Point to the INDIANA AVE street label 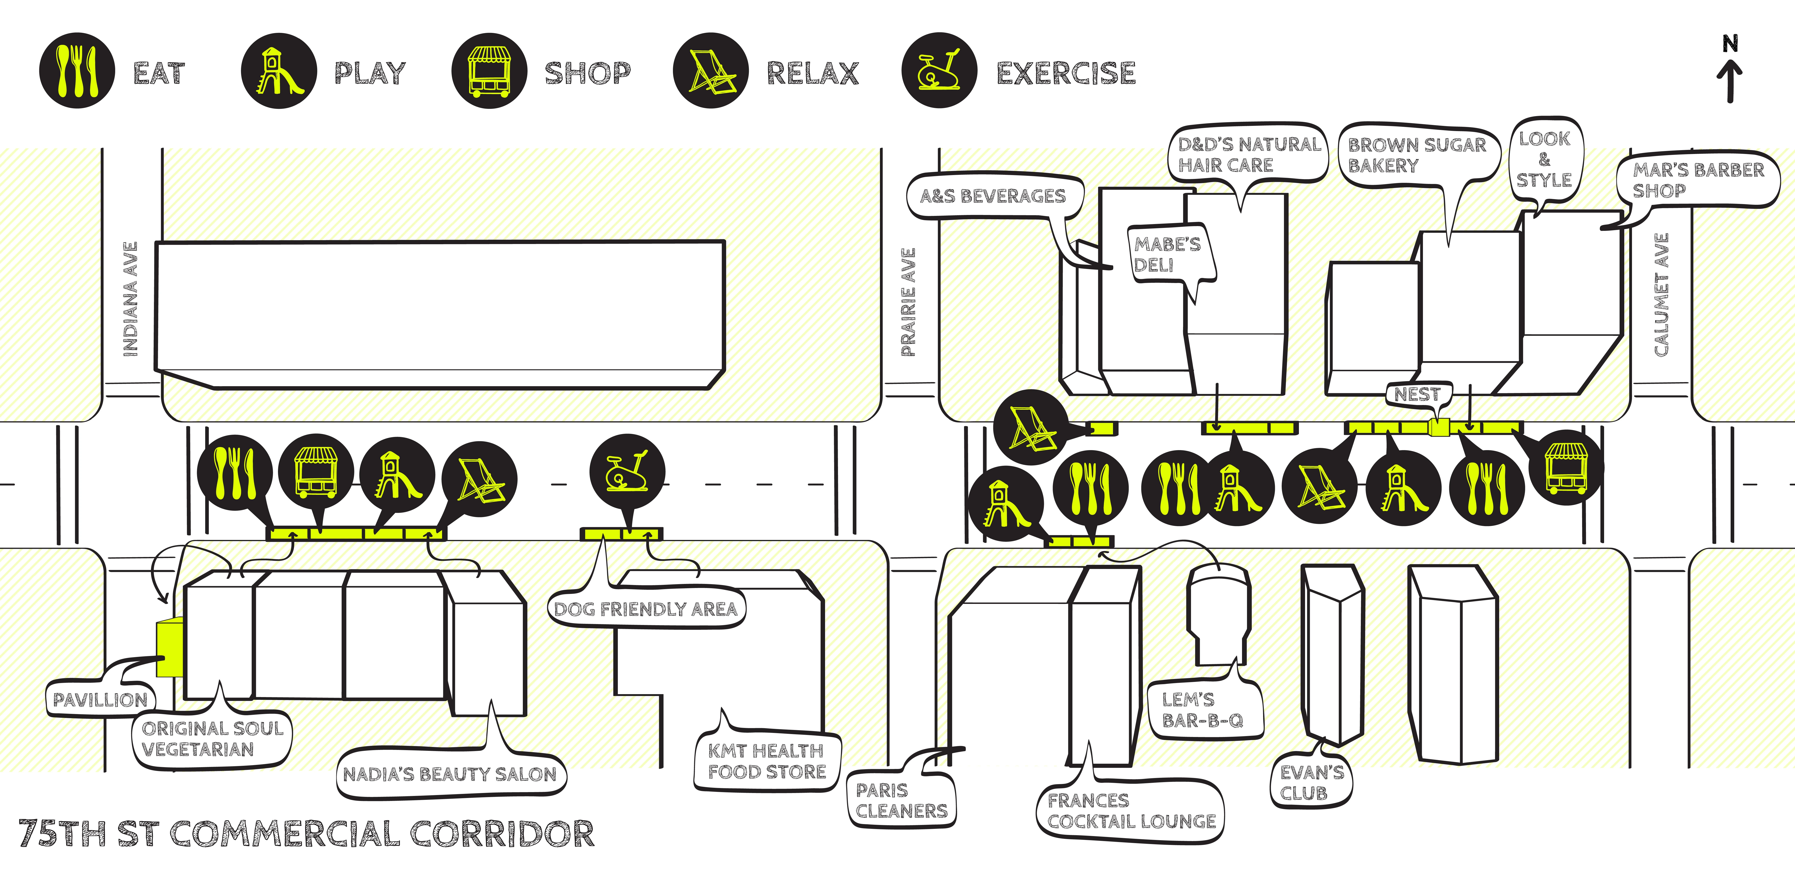click(130, 300)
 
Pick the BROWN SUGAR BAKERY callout click(1417, 155)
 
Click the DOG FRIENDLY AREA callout click(645, 609)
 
